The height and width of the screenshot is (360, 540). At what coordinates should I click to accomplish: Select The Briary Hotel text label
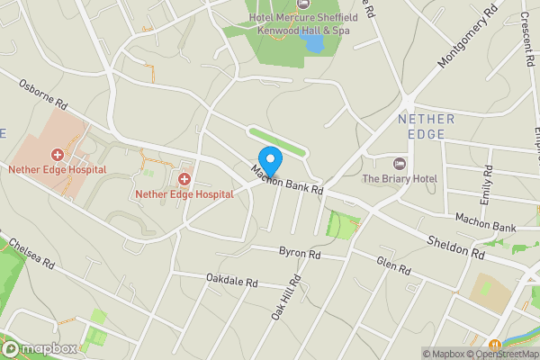pyautogui.click(x=400, y=179)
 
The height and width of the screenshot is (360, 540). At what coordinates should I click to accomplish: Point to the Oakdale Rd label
pyautogui.click(x=231, y=282)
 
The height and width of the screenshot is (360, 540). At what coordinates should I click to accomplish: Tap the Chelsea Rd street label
pyautogui.click(x=32, y=255)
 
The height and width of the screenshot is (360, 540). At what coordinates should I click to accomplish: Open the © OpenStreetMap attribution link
pyautogui.click(x=505, y=354)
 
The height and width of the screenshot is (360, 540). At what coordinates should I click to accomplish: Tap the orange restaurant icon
pyautogui.click(x=494, y=345)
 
